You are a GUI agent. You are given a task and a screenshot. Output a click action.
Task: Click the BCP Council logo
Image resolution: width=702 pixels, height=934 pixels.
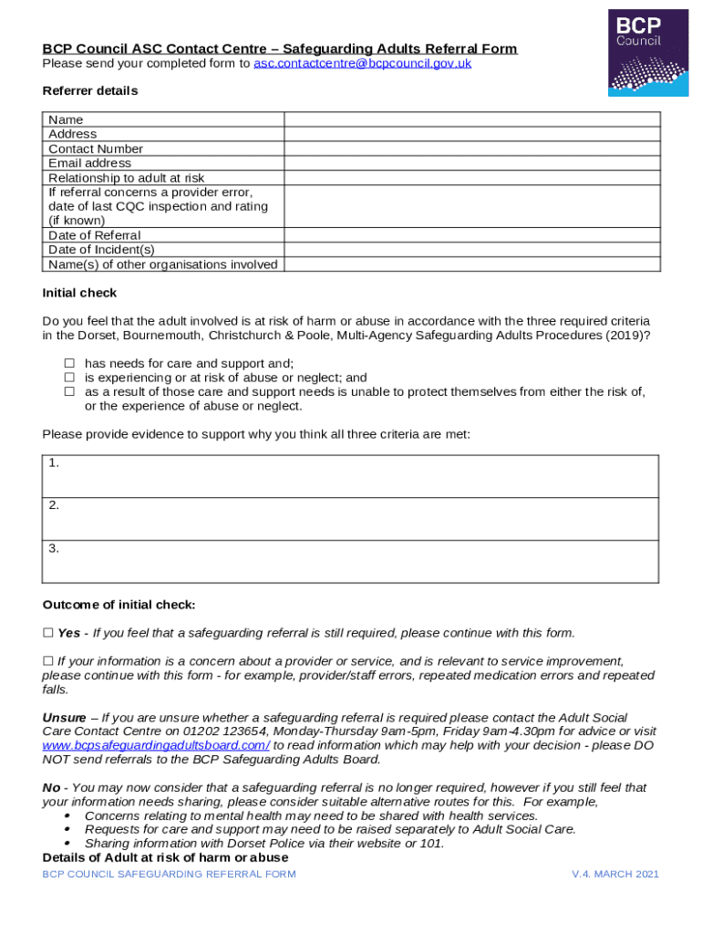tap(648, 52)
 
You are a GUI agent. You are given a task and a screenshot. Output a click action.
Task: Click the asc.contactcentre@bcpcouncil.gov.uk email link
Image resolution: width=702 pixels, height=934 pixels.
tap(362, 64)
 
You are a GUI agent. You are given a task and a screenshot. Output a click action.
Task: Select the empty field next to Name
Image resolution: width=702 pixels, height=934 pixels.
tap(471, 119)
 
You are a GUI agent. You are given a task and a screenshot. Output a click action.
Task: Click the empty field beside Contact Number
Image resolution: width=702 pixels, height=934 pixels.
tap(471, 149)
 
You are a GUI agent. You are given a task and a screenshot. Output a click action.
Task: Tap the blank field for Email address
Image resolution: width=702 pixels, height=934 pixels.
tap(471, 163)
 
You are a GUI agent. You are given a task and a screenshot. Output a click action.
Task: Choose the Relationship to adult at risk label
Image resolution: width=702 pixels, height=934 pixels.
tap(126, 178)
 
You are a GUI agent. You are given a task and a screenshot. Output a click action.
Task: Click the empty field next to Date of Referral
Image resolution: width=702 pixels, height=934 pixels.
tap(471, 235)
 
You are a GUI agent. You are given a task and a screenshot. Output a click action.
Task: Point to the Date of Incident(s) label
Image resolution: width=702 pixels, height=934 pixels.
tap(101, 250)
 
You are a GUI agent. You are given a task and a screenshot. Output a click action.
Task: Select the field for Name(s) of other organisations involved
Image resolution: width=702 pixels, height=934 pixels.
tap(471, 265)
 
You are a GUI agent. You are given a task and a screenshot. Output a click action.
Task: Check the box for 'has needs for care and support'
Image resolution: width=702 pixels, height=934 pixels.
tap(68, 363)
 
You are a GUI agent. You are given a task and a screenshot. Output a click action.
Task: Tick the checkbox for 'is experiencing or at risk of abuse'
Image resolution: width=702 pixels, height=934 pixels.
tap(68, 377)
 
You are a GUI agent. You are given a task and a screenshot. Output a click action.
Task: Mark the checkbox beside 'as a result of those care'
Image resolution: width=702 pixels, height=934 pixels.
tap(68, 391)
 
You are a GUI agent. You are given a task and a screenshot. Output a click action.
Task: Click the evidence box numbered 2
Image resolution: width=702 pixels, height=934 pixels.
tap(350, 519)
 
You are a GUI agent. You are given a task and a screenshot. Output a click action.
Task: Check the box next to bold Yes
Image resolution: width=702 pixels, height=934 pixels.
tap(48, 633)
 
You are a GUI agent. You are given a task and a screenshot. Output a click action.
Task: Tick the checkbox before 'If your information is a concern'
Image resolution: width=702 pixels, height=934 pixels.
tap(48, 661)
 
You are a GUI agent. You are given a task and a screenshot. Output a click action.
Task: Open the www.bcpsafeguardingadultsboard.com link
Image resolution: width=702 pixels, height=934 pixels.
tap(156, 745)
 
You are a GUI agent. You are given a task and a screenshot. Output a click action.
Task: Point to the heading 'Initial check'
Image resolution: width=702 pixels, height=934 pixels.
tap(79, 293)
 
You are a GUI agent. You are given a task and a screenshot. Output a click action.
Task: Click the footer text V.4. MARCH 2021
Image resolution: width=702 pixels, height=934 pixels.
tap(614, 875)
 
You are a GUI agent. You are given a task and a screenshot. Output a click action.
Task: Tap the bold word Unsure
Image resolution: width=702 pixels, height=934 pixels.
tap(64, 718)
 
